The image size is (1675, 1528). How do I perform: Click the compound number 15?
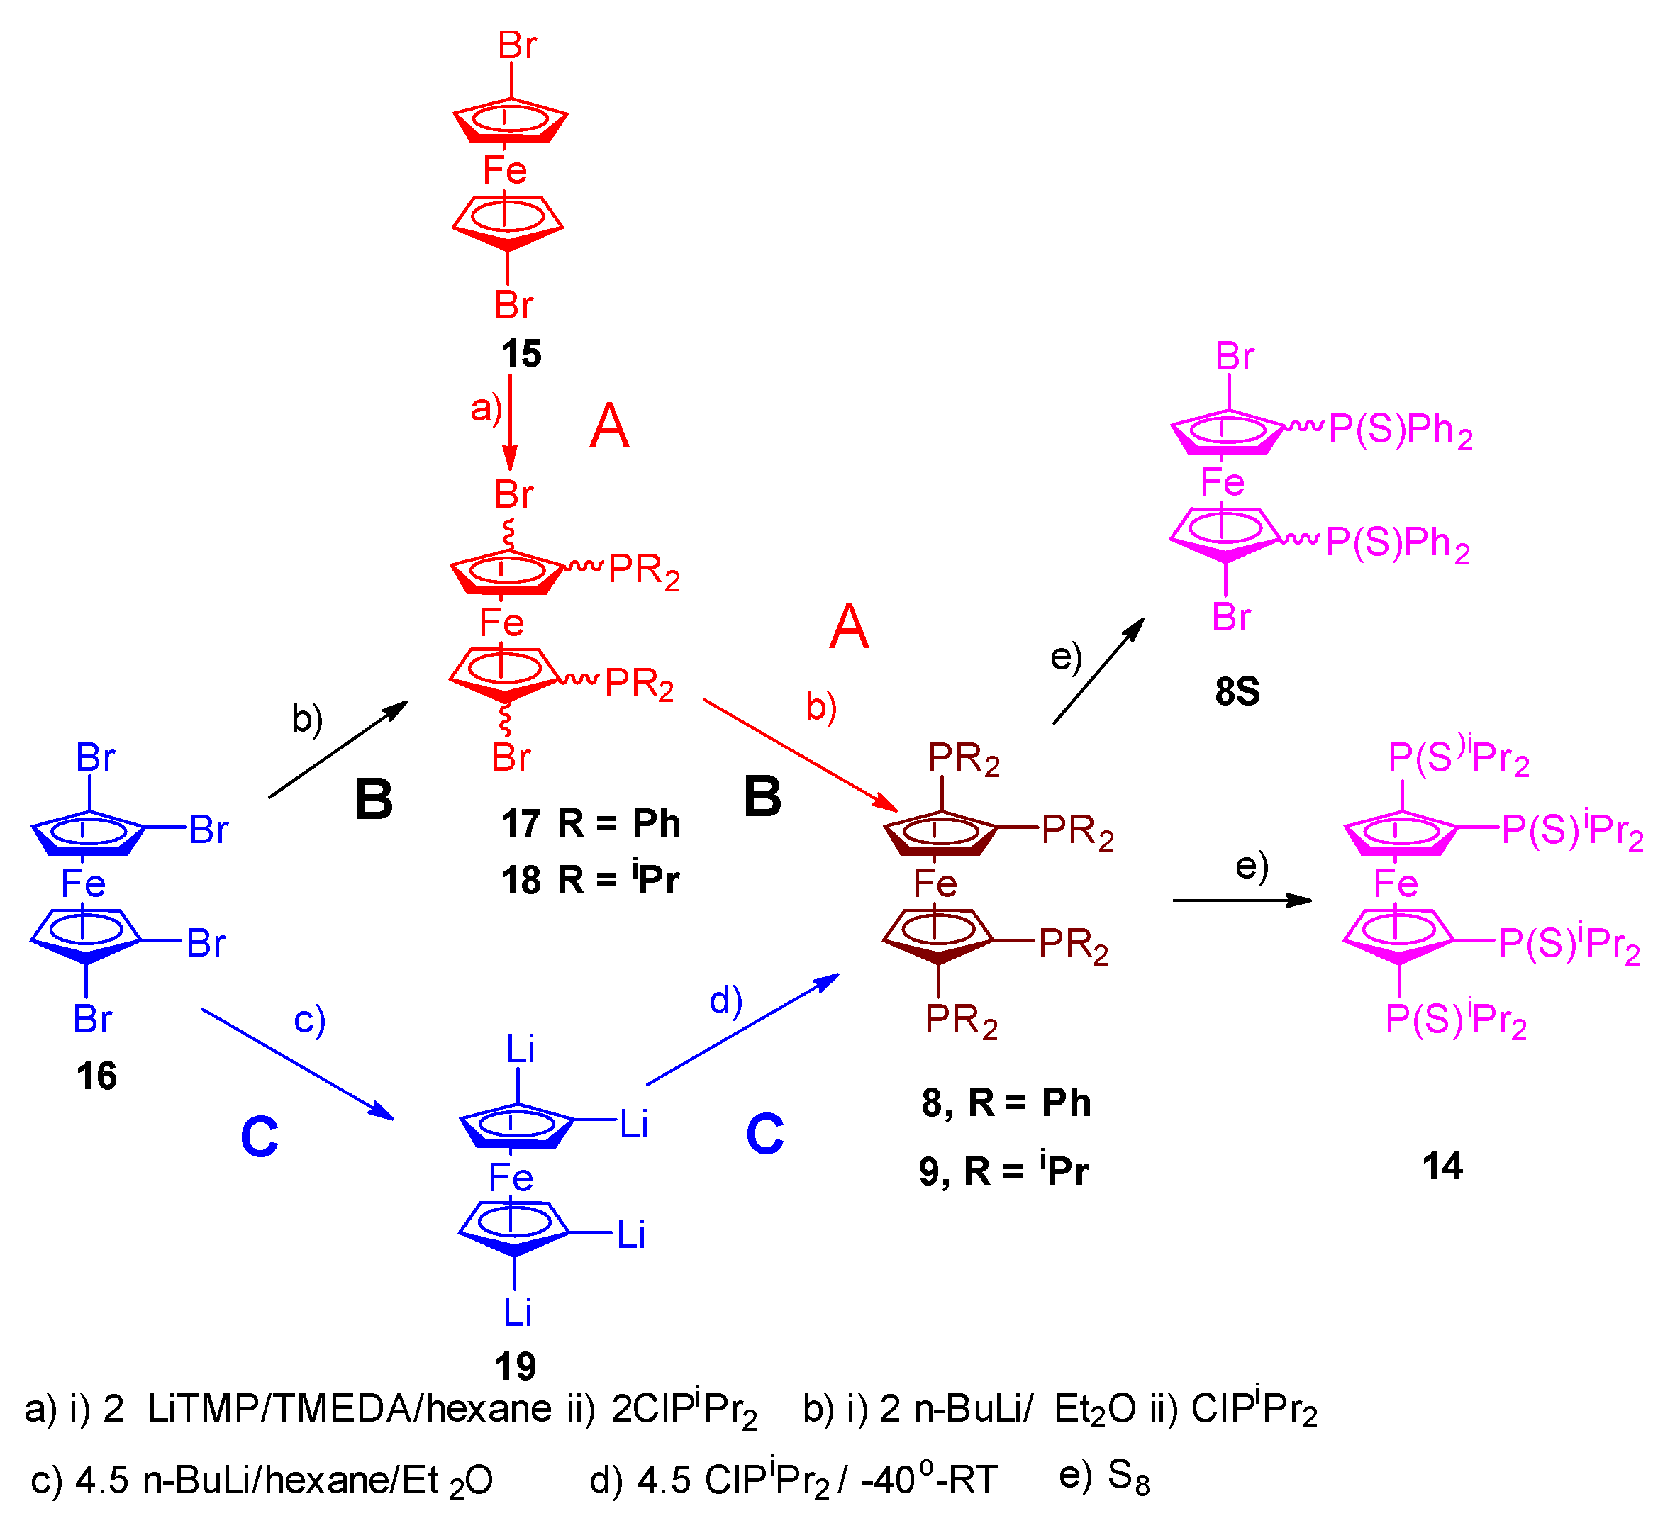(x=521, y=354)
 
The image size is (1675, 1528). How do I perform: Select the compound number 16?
(x=96, y=1076)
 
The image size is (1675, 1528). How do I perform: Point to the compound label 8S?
(x=1237, y=691)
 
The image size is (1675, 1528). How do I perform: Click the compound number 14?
(x=1442, y=1166)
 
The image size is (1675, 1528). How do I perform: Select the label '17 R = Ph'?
(x=590, y=823)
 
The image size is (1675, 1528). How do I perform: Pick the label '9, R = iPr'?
(x=1003, y=1171)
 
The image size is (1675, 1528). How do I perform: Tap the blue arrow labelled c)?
(x=296, y=1064)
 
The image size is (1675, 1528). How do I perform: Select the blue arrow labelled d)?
(x=742, y=1030)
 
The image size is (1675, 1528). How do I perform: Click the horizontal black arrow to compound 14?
(x=1242, y=900)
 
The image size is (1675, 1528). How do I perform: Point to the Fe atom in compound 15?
(x=505, y=170)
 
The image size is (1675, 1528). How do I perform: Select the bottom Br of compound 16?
(x=92, y=1020)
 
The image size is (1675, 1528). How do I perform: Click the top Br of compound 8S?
(x=1235, y=357)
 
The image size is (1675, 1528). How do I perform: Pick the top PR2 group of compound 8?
(x=964, y=759)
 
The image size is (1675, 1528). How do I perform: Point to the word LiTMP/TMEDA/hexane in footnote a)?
(x=349, y=1409)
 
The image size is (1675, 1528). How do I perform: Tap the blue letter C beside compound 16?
(x=260, y=1137)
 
